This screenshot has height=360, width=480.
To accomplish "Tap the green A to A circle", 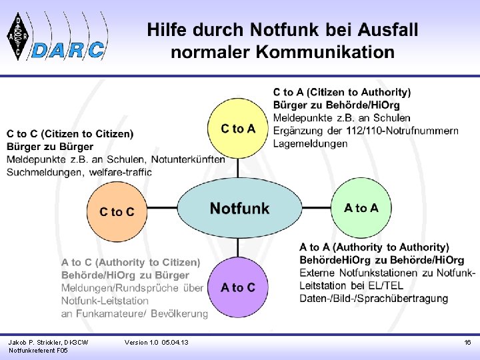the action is point(361,208).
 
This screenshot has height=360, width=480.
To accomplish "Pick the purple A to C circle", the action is point(238,287).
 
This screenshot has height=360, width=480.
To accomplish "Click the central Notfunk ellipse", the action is point(239,209).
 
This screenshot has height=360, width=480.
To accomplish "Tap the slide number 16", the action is point(467,343).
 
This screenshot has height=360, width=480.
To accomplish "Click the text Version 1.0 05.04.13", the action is point(157,343).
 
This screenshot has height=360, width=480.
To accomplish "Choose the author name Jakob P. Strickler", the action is point(39,343).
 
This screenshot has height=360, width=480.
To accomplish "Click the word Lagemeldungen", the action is point(310,143).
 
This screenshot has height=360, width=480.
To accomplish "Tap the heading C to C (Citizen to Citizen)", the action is point(70,134).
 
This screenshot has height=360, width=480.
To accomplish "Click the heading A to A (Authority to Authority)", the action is point(374,247).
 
